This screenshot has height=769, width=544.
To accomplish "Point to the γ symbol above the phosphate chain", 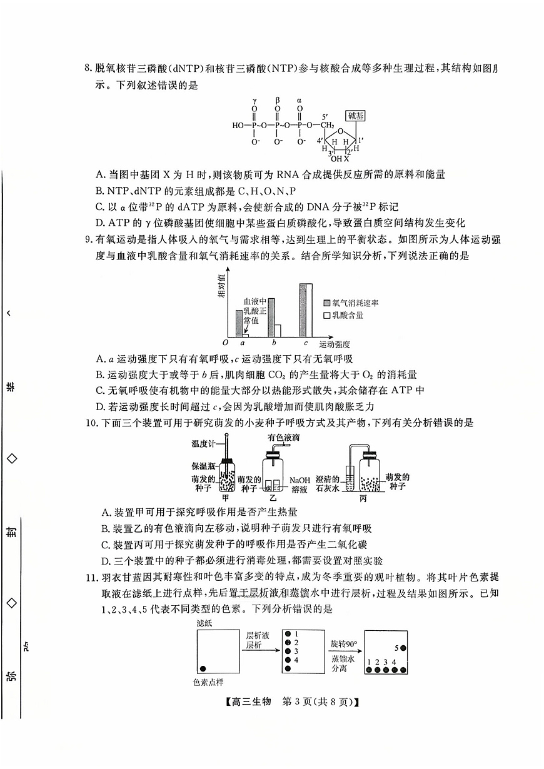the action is click(255, 100).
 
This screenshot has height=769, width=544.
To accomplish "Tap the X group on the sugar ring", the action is click(346, 159).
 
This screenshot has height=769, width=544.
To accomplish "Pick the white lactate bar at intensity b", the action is click(278, 331).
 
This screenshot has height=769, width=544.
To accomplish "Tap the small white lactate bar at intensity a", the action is click(246, 334).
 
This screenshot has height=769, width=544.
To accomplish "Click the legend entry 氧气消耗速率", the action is click(355, 303).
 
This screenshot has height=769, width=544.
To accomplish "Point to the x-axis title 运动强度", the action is click(334, 344).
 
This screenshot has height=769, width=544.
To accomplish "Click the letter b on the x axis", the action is click(273, 343).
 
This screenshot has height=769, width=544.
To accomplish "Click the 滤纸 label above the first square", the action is click(204, 623).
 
